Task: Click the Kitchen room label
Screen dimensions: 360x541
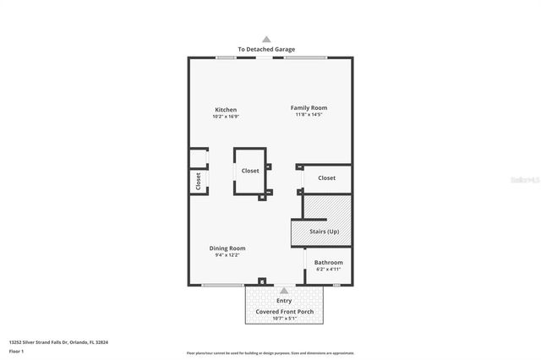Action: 225,110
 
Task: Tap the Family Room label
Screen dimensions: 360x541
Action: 309,107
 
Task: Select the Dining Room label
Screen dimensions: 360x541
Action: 227,248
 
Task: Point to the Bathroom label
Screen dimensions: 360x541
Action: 328,263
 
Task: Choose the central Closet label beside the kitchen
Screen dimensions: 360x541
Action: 250,171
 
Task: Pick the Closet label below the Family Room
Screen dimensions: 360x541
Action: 326,177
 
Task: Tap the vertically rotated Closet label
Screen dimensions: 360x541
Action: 199,182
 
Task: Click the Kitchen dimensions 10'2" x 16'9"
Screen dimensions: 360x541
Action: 225,117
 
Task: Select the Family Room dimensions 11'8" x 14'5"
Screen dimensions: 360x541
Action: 309,114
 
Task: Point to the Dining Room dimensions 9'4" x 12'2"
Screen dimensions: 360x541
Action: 227,254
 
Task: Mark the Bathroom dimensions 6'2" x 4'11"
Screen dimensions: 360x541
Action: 328,270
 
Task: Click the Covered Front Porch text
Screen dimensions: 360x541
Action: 284,311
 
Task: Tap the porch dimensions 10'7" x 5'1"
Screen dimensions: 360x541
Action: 284,319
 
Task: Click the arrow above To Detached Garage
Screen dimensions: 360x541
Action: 266,39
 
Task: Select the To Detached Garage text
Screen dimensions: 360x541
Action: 266,50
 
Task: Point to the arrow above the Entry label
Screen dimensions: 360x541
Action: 284,290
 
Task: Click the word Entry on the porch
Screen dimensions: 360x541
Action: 284,300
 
